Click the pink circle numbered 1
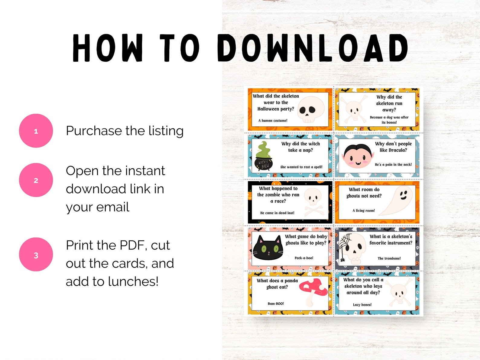point(36,131)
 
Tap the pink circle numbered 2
point(36,180)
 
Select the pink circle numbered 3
point(36,255)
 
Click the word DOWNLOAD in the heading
point(312,48)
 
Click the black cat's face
point(268,248)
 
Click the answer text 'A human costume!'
point(273,120)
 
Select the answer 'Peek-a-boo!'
point(304,258)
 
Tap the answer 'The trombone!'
point(389,258)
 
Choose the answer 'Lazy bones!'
point(362,305)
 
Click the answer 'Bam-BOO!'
point(276,303)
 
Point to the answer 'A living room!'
point(364,211)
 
